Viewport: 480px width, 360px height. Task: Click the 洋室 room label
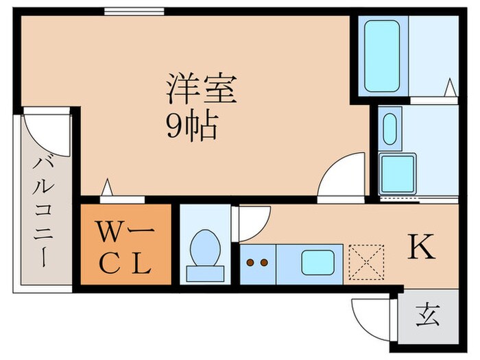(x=201, y=90)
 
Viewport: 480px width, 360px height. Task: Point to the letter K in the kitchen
(x=422, y=248)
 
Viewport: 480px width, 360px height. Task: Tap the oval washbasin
(x=389, y=128)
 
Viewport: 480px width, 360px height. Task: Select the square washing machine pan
(x=398, y=173)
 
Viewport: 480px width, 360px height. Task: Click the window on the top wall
(x=134, y=11)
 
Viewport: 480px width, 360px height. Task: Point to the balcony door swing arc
(x=47, y=134)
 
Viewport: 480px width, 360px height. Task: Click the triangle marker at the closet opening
(x=107, y=187)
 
